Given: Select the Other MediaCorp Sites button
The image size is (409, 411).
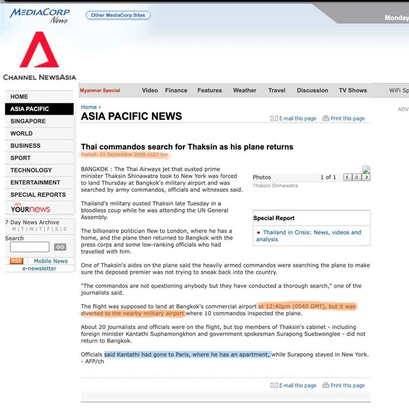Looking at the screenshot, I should click(x=117, y=15).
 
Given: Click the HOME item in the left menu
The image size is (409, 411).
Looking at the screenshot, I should click(x=19, y=96).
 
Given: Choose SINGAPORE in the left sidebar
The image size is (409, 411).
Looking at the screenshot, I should click(x=28, y=121).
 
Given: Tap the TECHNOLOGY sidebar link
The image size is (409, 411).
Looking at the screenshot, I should click(x=31, y=170).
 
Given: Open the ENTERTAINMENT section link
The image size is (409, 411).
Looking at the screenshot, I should click(x=35, y=182).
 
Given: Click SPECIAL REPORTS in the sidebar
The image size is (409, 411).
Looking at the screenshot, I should click(x=38, y=195).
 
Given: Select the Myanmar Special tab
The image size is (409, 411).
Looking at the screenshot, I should click(x=100, y=91).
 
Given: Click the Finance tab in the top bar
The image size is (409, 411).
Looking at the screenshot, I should click(x=176, y=91).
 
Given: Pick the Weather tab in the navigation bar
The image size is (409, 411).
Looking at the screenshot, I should click(x=244, y=91).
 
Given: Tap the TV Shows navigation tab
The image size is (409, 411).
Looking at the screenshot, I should click(x=353, y=91).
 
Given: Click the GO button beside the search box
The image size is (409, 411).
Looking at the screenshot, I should click(x=60, y=247).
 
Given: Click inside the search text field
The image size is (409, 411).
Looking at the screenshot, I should click(x=30, y=247).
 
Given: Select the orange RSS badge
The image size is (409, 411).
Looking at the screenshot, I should click(x=16, y=261).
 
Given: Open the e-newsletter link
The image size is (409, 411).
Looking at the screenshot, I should click(x=39, y=268).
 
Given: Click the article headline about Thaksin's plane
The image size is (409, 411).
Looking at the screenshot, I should click(x=187, y=146).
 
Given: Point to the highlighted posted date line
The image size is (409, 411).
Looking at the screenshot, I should click(x=124, y=155).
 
